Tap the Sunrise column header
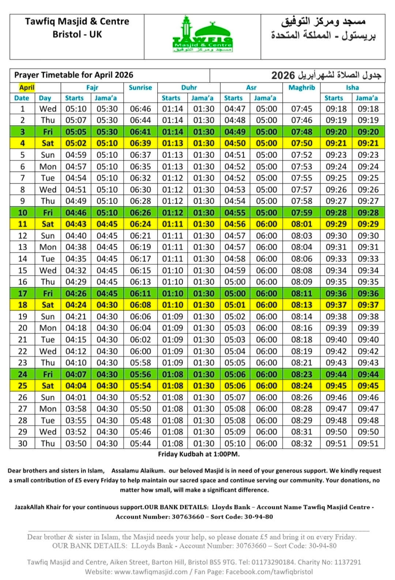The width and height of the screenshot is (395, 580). coord(140,88)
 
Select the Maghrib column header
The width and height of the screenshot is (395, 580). coord(301,88)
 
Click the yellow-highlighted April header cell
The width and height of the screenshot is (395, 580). coord(27,88)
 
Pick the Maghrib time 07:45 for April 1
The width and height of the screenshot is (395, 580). coord(301,109)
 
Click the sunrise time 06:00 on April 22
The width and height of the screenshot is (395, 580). coord(140,351)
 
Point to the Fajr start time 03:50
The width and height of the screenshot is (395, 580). coord(76,443)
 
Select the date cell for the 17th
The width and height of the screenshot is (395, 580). coord(23,293)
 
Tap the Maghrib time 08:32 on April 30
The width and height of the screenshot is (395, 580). coord(301,443)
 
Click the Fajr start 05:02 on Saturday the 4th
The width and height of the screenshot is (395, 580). coord(76,143)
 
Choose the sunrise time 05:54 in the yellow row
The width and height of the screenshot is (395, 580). coord(140,386)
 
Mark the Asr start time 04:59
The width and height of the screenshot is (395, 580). coord(235,270)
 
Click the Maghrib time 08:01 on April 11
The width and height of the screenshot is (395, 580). coord(301,224)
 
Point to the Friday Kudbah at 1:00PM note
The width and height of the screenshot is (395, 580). coord(199,454)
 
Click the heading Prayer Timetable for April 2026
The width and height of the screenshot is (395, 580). coord(74,75)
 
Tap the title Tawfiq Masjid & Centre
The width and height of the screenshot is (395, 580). coord(77,21)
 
